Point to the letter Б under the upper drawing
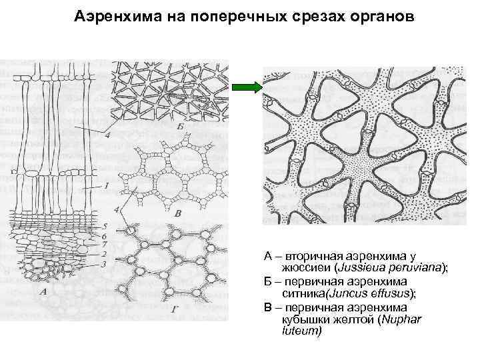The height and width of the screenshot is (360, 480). click(181, 126)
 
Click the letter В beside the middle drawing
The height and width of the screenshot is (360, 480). click(177, 214)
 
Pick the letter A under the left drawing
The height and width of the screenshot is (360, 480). click(44, 291)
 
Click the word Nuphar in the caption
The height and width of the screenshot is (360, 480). click(403, 319)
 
